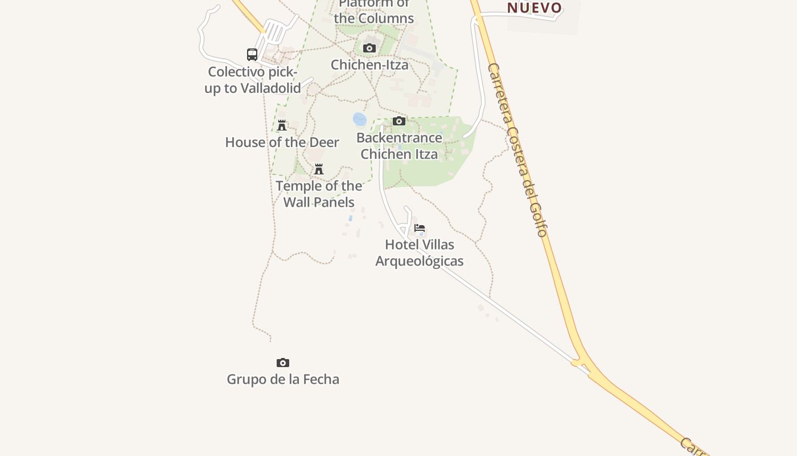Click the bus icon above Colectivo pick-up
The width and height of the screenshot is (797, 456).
(x=252, y=55)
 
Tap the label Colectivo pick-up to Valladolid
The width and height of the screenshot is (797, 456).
(x=253, y=80)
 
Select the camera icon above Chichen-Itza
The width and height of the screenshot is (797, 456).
(x=369, y=48)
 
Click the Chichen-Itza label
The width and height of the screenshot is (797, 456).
(x=369, y=65)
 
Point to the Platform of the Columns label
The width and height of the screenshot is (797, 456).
(x=374, y=11)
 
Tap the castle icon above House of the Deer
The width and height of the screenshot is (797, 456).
(x=282, y=125)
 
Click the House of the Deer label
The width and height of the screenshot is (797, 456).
(x=282, y=142)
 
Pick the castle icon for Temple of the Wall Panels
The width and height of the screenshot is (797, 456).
(x=319, y=169)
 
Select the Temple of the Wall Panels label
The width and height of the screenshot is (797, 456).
(x=319, y=194)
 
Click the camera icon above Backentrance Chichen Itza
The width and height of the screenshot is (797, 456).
(x=399, y=121)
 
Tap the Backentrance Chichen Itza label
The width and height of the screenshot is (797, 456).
(x=399, y=146)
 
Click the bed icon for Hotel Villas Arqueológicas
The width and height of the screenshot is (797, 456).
(x=420, y=228)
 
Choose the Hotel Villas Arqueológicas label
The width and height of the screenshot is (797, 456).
(x=420, y=253)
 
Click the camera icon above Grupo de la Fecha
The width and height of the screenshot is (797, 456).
(x=283, y=363)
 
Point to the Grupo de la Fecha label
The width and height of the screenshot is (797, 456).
(x=283, y=380)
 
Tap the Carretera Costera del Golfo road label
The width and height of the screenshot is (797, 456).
(x=517, y=149)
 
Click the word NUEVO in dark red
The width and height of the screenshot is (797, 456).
(x=535, y=8)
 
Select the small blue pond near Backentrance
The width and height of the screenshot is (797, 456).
(x=359, y=119)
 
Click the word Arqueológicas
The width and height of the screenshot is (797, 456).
(x=420, y=261)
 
